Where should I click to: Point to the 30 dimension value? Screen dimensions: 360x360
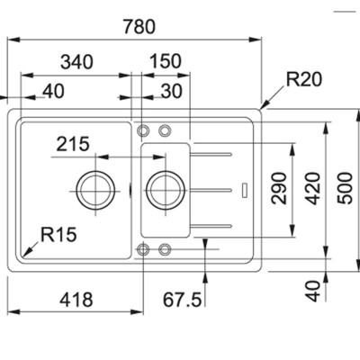pos(171,91)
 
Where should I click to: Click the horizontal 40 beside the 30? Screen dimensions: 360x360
pos(52,91)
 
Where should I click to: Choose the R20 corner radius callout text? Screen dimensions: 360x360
pos(304,80)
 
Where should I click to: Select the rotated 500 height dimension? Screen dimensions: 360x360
pos(343,188)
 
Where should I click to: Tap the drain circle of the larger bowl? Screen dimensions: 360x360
pos(95,189)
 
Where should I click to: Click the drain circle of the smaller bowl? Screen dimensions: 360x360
pos(161,189)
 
